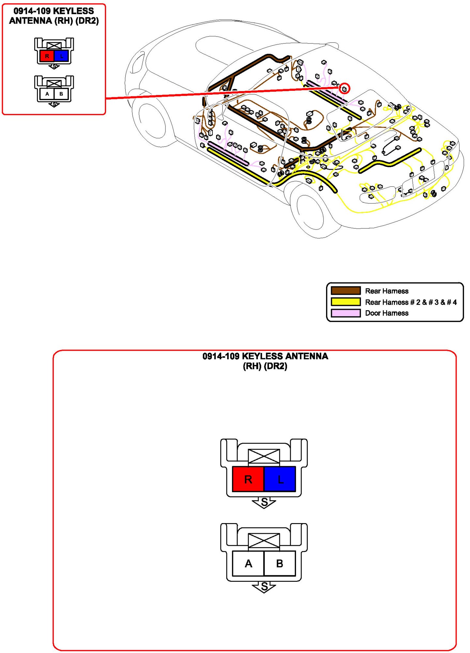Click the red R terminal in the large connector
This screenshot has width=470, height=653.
(248, 479)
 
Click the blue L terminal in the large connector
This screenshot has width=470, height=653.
(280, 479)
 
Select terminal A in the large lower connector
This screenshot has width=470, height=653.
(248, 563)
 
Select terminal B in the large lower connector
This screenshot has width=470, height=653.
(280, 563)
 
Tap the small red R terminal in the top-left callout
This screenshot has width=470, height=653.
(47, 56)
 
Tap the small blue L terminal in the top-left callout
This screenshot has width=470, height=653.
(61, 56)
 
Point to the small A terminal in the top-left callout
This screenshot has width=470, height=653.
(47, 94)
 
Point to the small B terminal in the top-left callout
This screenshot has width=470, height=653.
(61, 94)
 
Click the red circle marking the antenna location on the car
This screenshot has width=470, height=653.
(344, 88)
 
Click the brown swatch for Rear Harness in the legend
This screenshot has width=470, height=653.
(346, 291)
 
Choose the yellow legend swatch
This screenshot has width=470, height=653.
(346, 302)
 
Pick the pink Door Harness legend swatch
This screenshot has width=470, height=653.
(346, 313)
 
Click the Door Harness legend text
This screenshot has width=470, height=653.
(387, 313)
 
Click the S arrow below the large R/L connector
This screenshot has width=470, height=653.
(264, 502)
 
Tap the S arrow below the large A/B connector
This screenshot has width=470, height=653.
(264, 587)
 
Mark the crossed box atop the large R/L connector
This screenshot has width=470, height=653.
(264, 456)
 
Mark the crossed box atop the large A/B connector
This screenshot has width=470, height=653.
(264, 540)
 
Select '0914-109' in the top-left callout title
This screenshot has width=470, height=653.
(32, 11)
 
